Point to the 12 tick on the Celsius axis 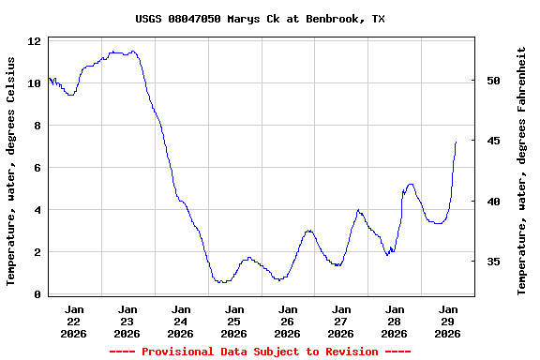click(x=34, y=41)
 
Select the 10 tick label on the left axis click(x=34, y=83)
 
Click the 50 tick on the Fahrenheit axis click(x=494, y=81)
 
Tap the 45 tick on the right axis click(x=494, y=141)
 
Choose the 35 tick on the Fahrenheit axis click(x=494, y=262)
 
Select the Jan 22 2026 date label click(x=73, y=321)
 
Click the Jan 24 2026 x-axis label click(x=181, y=321)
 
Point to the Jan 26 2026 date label click(x=288, y=321)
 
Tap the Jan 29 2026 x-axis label click(x=448, y=321)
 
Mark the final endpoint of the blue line click(x=456, y=142)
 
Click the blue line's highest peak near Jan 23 click(x=133, y=52)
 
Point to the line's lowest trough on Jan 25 click(x=221, y=282)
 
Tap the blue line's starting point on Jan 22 click(x=48, y=78)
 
